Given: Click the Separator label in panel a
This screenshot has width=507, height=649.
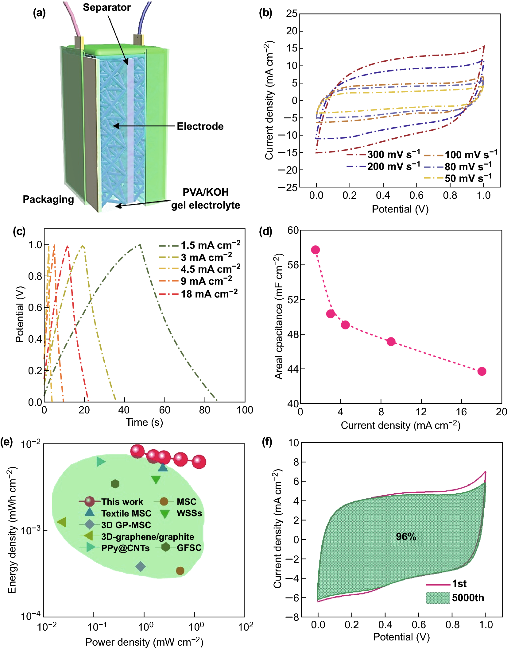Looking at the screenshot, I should [107, 7].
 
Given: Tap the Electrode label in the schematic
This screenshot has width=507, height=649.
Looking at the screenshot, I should [200, 126].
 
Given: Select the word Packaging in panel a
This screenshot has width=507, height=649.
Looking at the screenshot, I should [48, 199].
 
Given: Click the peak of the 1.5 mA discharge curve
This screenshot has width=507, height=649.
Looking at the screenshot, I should [140, 244].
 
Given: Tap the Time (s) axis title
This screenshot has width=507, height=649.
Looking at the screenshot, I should [144, 422].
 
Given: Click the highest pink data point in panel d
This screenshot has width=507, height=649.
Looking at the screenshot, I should [315, 250].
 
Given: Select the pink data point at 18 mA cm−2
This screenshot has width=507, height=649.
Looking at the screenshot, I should [482, 371].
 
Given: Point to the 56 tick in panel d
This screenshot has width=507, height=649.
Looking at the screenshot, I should [293, 265].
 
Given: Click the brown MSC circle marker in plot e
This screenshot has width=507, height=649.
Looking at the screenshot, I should [180, 570].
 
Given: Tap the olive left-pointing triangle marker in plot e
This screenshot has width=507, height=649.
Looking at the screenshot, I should [62, 522].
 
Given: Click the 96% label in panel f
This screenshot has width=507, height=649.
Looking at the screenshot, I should [406, 536].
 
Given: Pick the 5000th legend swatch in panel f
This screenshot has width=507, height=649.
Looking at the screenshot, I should [438, 598].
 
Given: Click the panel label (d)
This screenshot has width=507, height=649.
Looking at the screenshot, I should [265, 231].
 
